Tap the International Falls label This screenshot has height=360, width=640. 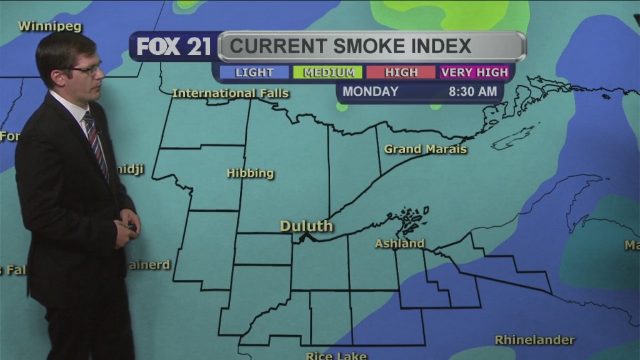230,93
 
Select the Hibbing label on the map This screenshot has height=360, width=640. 250,173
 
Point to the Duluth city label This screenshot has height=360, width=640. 306,226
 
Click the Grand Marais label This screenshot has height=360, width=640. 425,149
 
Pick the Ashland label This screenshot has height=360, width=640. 399,243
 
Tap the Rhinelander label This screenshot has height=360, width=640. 534,340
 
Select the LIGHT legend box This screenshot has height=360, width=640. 254,72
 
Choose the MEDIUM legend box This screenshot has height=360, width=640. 329,72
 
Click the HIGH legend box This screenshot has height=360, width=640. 401,72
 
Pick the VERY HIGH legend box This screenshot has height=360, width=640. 474,72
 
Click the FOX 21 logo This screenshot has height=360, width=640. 174,47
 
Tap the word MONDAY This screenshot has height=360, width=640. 370,91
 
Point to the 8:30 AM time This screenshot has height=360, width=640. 473,91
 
